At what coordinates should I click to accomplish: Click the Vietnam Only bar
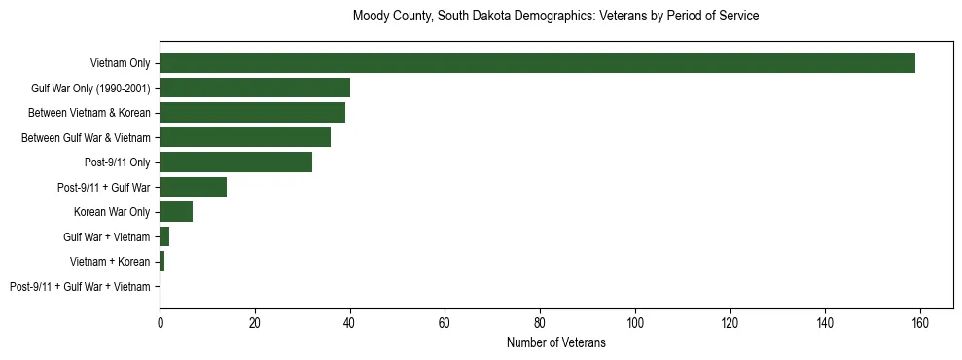[537, 63]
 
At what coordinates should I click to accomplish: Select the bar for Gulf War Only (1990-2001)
[255, 88]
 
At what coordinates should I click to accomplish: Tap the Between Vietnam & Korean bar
[252, 113]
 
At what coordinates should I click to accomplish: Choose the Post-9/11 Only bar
[235, 162]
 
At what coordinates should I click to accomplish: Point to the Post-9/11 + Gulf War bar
[193, 187]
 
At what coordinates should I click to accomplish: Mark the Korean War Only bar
[176, 212]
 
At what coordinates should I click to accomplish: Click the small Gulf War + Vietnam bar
[164, 236]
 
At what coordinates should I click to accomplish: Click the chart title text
[555, 17]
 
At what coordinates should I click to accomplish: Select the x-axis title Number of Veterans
[555, 343]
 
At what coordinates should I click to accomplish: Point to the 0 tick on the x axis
[160, 322]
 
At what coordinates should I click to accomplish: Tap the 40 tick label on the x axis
[350, 322]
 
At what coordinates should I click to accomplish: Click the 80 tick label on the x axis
[540, 322]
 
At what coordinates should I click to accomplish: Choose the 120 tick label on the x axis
[730, 322]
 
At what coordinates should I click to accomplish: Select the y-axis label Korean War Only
[112, 212]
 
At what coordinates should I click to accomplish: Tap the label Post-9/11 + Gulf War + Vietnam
[80, 287]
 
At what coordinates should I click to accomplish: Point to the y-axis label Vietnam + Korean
[110, 262]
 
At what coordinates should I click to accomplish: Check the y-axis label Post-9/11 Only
[118, 162]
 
